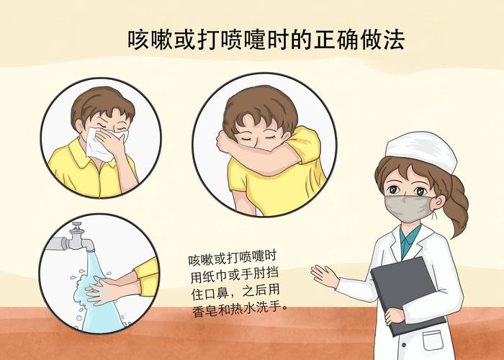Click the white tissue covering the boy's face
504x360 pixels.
(102, 142)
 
